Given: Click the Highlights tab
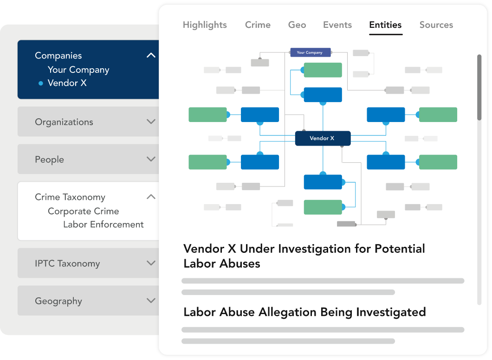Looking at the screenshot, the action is pos(205,25).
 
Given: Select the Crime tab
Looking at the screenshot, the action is pos(258,25).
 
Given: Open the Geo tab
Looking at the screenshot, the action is pos(297,25).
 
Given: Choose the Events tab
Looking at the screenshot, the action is pos(337,25).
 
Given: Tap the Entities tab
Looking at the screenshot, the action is pos(385,25).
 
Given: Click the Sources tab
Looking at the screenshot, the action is pos(436,25).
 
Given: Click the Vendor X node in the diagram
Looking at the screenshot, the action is pos(323,138).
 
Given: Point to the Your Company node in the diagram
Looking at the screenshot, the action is pos(311,52).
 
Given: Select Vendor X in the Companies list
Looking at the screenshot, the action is pos(67,83).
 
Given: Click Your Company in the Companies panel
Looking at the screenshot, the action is pos(78,70).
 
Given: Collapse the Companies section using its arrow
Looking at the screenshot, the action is pos(151,56).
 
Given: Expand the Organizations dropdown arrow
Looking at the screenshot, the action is pos(151,122).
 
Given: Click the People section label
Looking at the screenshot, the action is pos(49,160).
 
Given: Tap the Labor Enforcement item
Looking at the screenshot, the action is pos(103,224).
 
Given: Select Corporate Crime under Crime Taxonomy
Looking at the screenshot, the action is pos(83,211).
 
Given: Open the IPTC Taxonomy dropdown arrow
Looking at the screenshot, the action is pos(151,263).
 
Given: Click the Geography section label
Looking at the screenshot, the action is pos(58,301).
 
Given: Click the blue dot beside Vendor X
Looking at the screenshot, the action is pos(40,83).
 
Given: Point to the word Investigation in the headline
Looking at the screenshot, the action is pos(315,249).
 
